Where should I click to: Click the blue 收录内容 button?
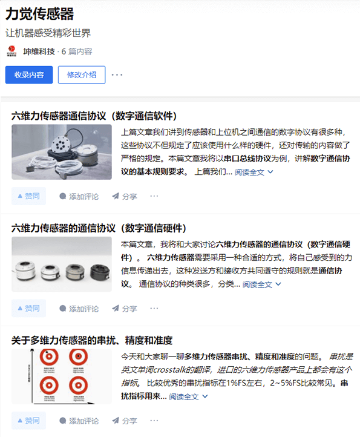(x=29, y=75)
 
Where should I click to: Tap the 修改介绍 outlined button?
(x=82, y=75)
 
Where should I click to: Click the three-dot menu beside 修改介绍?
(x=117, y=75)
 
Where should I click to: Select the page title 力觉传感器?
(x=40, y=14)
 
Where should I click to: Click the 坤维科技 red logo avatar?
(x=11, y=51)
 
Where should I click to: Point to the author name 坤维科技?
(x=39, y=51)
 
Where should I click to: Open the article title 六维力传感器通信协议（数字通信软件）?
(x=94, y=116)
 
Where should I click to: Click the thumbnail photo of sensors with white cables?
(x=62, y=152)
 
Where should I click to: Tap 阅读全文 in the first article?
(x=254, y=172)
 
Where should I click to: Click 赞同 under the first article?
(x=28, y=196)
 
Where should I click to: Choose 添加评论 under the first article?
(x=79, y=196)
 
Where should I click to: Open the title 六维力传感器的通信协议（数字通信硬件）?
(x=97, y=228)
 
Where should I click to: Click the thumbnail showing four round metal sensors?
(x=62, y=264)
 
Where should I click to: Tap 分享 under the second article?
(x=125, y=309)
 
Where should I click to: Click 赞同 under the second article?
(x=28, y=309)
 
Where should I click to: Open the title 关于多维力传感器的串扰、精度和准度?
(x=92, y=340)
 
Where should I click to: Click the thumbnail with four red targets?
(x=62, y=376)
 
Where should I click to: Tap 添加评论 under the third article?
(x=79, y=421)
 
